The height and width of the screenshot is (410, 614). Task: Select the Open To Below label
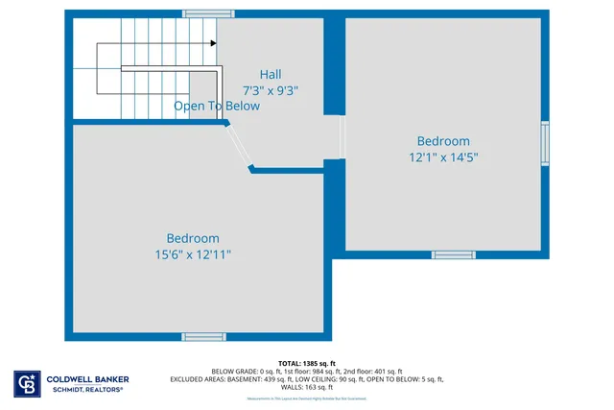[216, 107]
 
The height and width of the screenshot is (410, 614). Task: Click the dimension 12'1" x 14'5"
[443, 157]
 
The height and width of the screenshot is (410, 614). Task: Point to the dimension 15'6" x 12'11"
[193, 254]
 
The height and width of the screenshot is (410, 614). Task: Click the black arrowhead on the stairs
[211, 43]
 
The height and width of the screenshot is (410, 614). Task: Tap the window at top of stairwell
[209, 13]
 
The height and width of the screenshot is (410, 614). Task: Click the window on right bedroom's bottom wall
[453, 254]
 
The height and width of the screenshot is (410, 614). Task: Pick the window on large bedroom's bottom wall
[203, 336]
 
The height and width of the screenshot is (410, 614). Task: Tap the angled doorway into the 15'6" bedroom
[239, 146]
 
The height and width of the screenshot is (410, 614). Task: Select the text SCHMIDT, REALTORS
[87, 390]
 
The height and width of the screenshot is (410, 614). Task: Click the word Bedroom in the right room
[443, 141]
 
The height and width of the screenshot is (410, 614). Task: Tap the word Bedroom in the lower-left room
[193, 238]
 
